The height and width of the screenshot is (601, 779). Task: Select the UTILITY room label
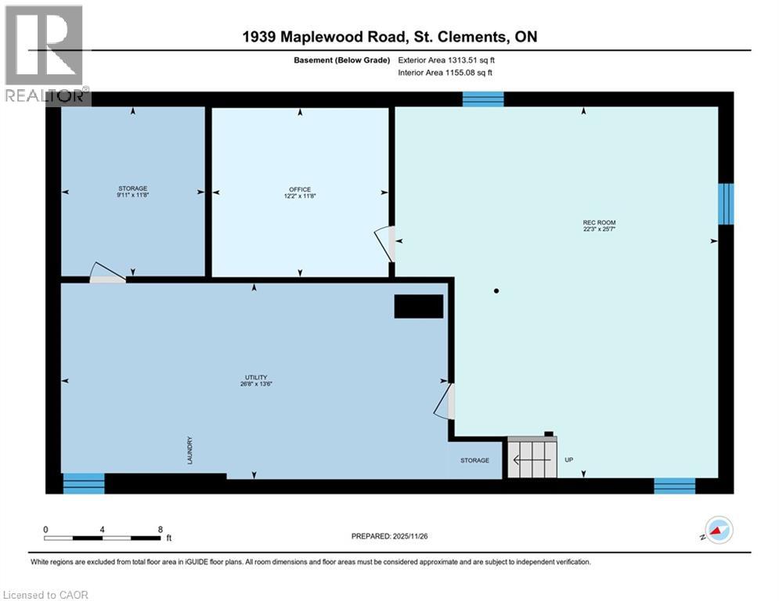(x=255, y=380)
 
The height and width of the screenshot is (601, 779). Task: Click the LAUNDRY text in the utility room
(x=189, y=451)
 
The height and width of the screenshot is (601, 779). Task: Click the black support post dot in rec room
(x=496, y=291)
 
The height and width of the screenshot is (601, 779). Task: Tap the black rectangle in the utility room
(x=419, y=307)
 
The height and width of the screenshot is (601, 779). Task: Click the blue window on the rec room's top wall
(x=482, y=99)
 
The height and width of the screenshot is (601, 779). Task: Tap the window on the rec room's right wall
(x=726, y=203)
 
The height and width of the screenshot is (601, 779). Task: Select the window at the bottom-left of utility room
(x=84, y=484)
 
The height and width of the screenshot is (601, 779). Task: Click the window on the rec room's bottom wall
(x=674, y=486)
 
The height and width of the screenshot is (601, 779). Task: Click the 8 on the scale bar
(x=160, y=529)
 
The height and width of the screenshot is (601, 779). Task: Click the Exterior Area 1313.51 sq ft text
(x=445, y=59)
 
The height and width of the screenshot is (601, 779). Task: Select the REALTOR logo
(x=45, y=55)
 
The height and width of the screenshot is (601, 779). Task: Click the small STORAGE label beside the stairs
(x=474, y=460)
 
